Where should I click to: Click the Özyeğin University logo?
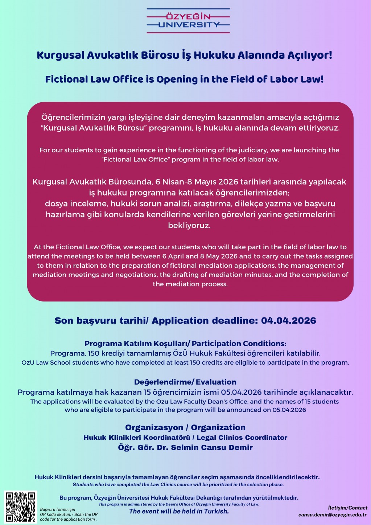pyautogui.click(x=188, y=21)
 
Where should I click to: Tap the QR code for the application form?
pyautogui.click(x=21, y=506)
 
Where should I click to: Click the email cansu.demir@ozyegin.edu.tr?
pyautogui.click(x=332, y=515)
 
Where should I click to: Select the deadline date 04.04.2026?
pyautogui.click(x=288, y=321)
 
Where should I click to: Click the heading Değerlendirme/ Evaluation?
pyautogui.click(x=185, y=382)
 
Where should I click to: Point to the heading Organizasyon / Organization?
pyautogui.click(x=185, y=427)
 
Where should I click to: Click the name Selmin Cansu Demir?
pyautogui.click(x=212, y=447)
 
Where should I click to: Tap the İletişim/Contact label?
pyautogui.click(x=347, y=508)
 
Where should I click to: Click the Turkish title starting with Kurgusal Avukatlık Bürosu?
pyautogui.click(x=185, y=56)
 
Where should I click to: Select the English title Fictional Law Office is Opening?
pyautogui.click(x=185, y=79)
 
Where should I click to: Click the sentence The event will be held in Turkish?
pyautogui.click(x=179, y=511)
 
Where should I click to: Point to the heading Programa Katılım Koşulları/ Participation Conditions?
pyautogui.click(x=185, y=344)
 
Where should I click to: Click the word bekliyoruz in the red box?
pyautogui.click(x=189, y=225)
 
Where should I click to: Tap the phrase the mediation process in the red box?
pyautogui.click(x=190, y=284)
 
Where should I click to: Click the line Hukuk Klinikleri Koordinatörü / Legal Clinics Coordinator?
pyautogui.click(x=185, y=438)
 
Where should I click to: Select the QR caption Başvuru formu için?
pyautogui.click(x=58, y=509)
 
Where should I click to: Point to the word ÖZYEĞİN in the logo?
pyautogui.click(x=188, y=17)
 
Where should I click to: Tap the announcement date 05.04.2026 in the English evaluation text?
pyautogui.click(x=289, y=410)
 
